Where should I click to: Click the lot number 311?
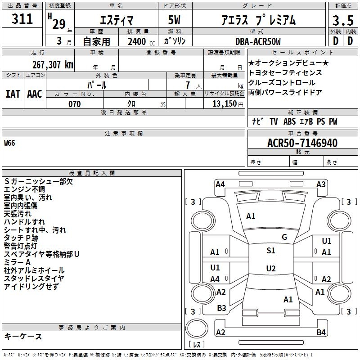coord(22,19)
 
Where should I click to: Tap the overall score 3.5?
coord(343,21)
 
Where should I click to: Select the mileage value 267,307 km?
coord(53,65)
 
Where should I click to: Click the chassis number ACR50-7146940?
coord(302,143)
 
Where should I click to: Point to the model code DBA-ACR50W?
coord(258,41)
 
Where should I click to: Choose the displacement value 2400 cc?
coord(141,41)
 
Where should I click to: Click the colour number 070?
coord(75,104)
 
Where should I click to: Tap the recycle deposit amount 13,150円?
coord(228,104)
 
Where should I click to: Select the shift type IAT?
coord(13,94)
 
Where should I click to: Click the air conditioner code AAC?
coord(35,94)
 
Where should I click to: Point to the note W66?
coord(9,143)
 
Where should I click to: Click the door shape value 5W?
coord(174,20)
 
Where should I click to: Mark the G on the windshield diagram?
coord(284,237)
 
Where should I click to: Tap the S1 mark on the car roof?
coord(271,251)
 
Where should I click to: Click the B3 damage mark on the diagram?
coord(221,308)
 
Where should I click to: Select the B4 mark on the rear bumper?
coord(321,332)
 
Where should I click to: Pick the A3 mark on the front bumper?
coord(321,184)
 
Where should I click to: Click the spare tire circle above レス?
coord(197,328)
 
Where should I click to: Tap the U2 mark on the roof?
coord(271,268)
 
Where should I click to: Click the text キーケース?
coord(23,336)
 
